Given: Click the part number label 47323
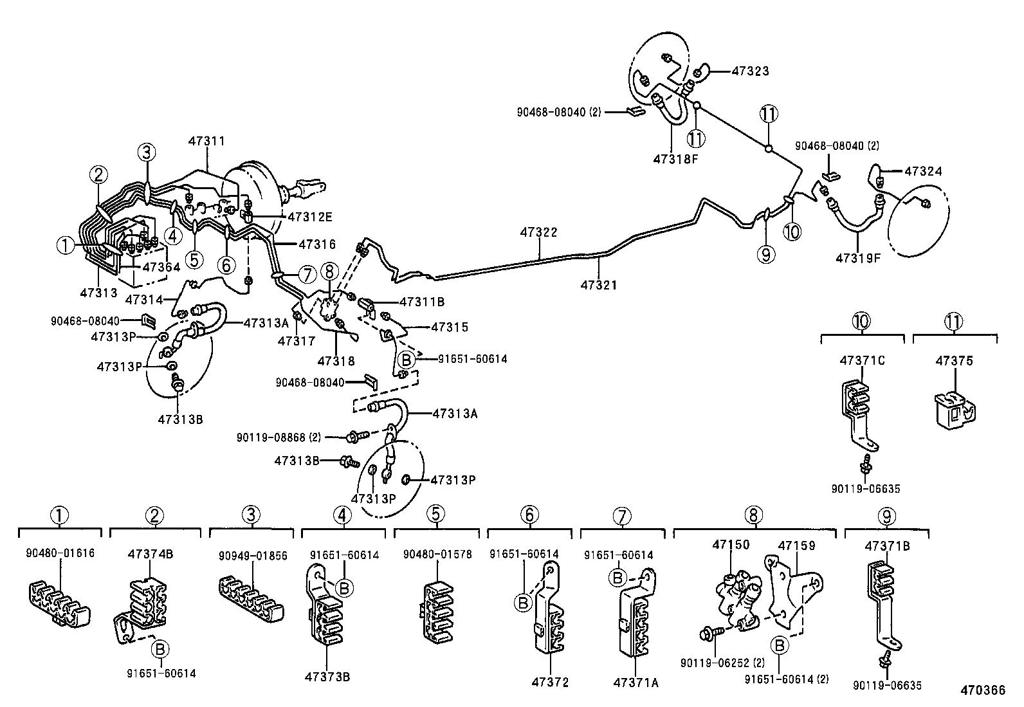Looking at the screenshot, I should coord(750,71).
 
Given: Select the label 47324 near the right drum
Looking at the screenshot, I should coord(923,171).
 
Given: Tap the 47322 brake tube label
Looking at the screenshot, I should coord(538,232).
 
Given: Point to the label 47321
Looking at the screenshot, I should coord(598,284).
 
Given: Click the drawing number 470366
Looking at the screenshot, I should coord(983,690).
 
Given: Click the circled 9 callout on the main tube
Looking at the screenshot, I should coord(765,255).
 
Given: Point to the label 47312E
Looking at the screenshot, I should coord(309,216).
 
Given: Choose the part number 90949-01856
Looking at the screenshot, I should coord(253,555).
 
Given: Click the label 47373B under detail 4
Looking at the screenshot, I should coord(327,676).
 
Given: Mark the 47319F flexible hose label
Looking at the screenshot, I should coord(857,258).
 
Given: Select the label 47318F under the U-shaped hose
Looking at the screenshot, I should coord(675,158).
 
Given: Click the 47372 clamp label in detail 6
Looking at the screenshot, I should coord(551,683).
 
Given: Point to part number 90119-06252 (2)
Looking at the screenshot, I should coord(722,663).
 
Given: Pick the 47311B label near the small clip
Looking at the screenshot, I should coord(422,301).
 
